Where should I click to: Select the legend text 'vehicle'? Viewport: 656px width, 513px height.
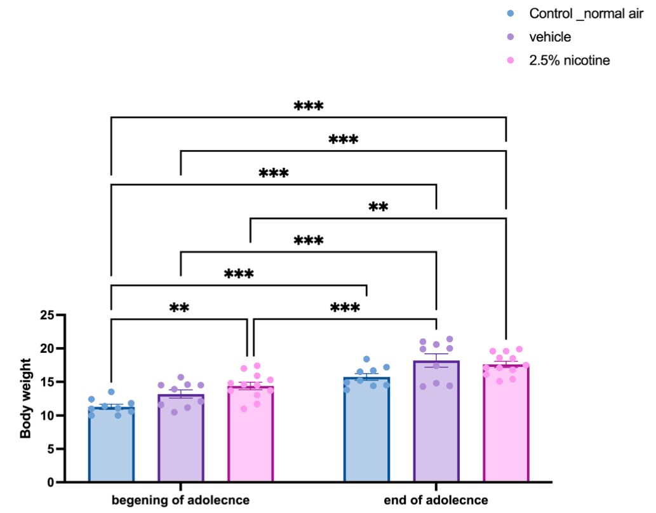click(x=550, y=37)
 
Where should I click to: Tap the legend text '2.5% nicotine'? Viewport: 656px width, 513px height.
click(x=569, y=60)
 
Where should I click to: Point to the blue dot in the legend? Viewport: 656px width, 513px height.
click(x=511, y=13)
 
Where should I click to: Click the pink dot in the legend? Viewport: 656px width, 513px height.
click(x=511, y=60)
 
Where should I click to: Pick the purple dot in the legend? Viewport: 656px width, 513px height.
click(x=511, y=37)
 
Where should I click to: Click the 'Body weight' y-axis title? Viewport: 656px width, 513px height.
click(x=25, y=399)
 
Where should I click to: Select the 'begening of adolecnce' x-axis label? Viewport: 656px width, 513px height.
click(x=180, y=500)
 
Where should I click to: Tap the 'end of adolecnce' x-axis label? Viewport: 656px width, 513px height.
click(x=436, y=500)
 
